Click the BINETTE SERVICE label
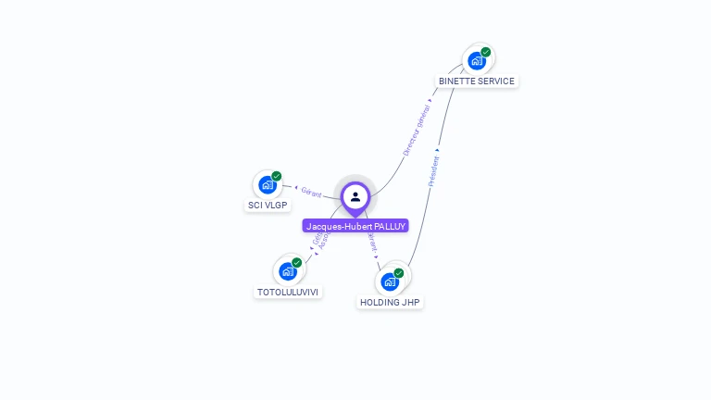(x=477, y=81)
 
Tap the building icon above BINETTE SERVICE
(x=476, y=61)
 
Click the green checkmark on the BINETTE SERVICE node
(x=486, y=52)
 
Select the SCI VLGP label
(x=268, y=205)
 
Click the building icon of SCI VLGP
(x=268, y=185)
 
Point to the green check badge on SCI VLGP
(x=277, y=176)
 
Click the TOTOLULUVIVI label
(x=288, y=292)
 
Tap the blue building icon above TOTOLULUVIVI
(x=287, y=271)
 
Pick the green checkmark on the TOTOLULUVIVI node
(x=297, y=262)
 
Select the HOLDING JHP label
(x=391, y=302)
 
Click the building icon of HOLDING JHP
(x=390, y=281)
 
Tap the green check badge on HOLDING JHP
(x=399, y=273)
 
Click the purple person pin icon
(x=355, y=196)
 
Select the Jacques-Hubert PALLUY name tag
(x=355, y=226)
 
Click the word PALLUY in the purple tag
(x=390, y=226)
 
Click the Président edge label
(x=433, y=170)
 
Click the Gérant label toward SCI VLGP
(x=311, y=193)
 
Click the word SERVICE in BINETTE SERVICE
(x=495, y=81)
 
